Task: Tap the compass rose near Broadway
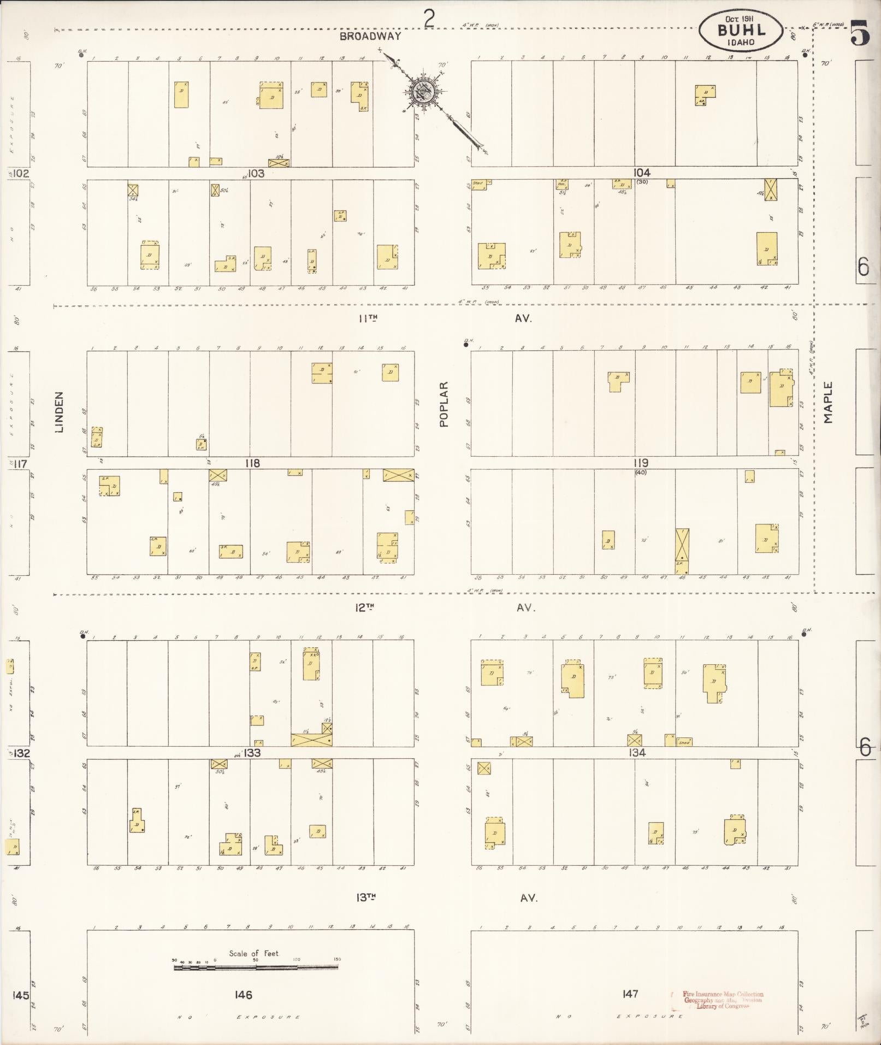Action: click(x=425, y=92)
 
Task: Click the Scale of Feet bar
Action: click(x=256, y=967)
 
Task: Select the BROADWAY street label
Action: click(x=370, y=37)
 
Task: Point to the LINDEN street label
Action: click(x=60, y=412)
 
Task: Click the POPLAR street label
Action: click(x=444, y=404)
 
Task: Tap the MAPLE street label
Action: click(x=829, y=403)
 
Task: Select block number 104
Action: click(x=641, y=172)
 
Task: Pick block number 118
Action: click(x=252, y=463)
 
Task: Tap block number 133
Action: click(x=252, y=753)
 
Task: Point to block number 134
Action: click(x=637, y=752)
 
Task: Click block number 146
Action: click(x=243, y=995)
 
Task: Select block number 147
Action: click(x=630, y=994)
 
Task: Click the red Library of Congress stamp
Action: click(x=722, y=1000)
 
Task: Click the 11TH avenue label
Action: click(x=369, y=318)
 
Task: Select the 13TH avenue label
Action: click(x=366, y=897)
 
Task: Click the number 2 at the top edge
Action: click(x=430, y=20)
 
